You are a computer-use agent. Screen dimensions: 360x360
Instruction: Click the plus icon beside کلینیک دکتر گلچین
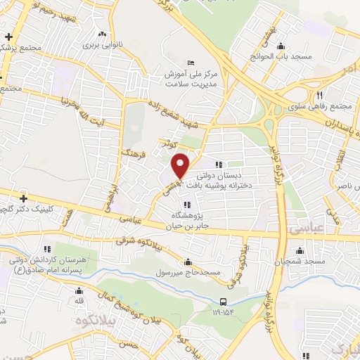click(x=23, y=199)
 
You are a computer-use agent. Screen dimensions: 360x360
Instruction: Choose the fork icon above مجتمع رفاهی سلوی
click(x=319, y=95)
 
